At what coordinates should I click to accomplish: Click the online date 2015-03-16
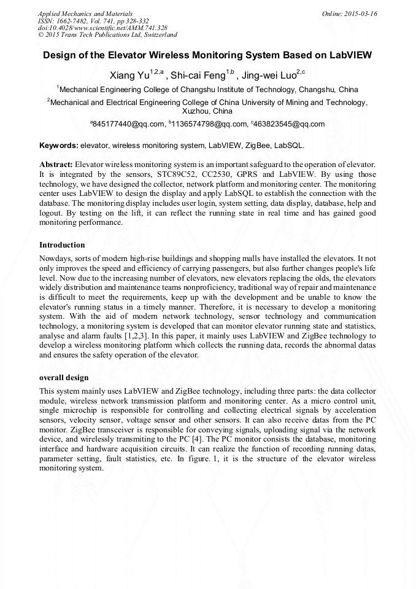(x=361, y=13)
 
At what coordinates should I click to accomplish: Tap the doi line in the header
(x=102, y=28)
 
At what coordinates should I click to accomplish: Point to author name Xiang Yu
(x=129, y=76)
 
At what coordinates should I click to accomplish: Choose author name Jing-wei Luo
(x=269, y=76)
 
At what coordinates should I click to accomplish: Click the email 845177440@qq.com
(x=129, y=124)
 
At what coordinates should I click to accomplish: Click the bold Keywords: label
(x=59, y=146)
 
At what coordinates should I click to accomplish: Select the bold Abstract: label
(x=56, y=165)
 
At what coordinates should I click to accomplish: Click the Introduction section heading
(x=62, y=245)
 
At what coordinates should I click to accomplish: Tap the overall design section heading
(x=64, y=378)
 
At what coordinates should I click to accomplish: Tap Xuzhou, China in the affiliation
(x=208, y=111)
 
